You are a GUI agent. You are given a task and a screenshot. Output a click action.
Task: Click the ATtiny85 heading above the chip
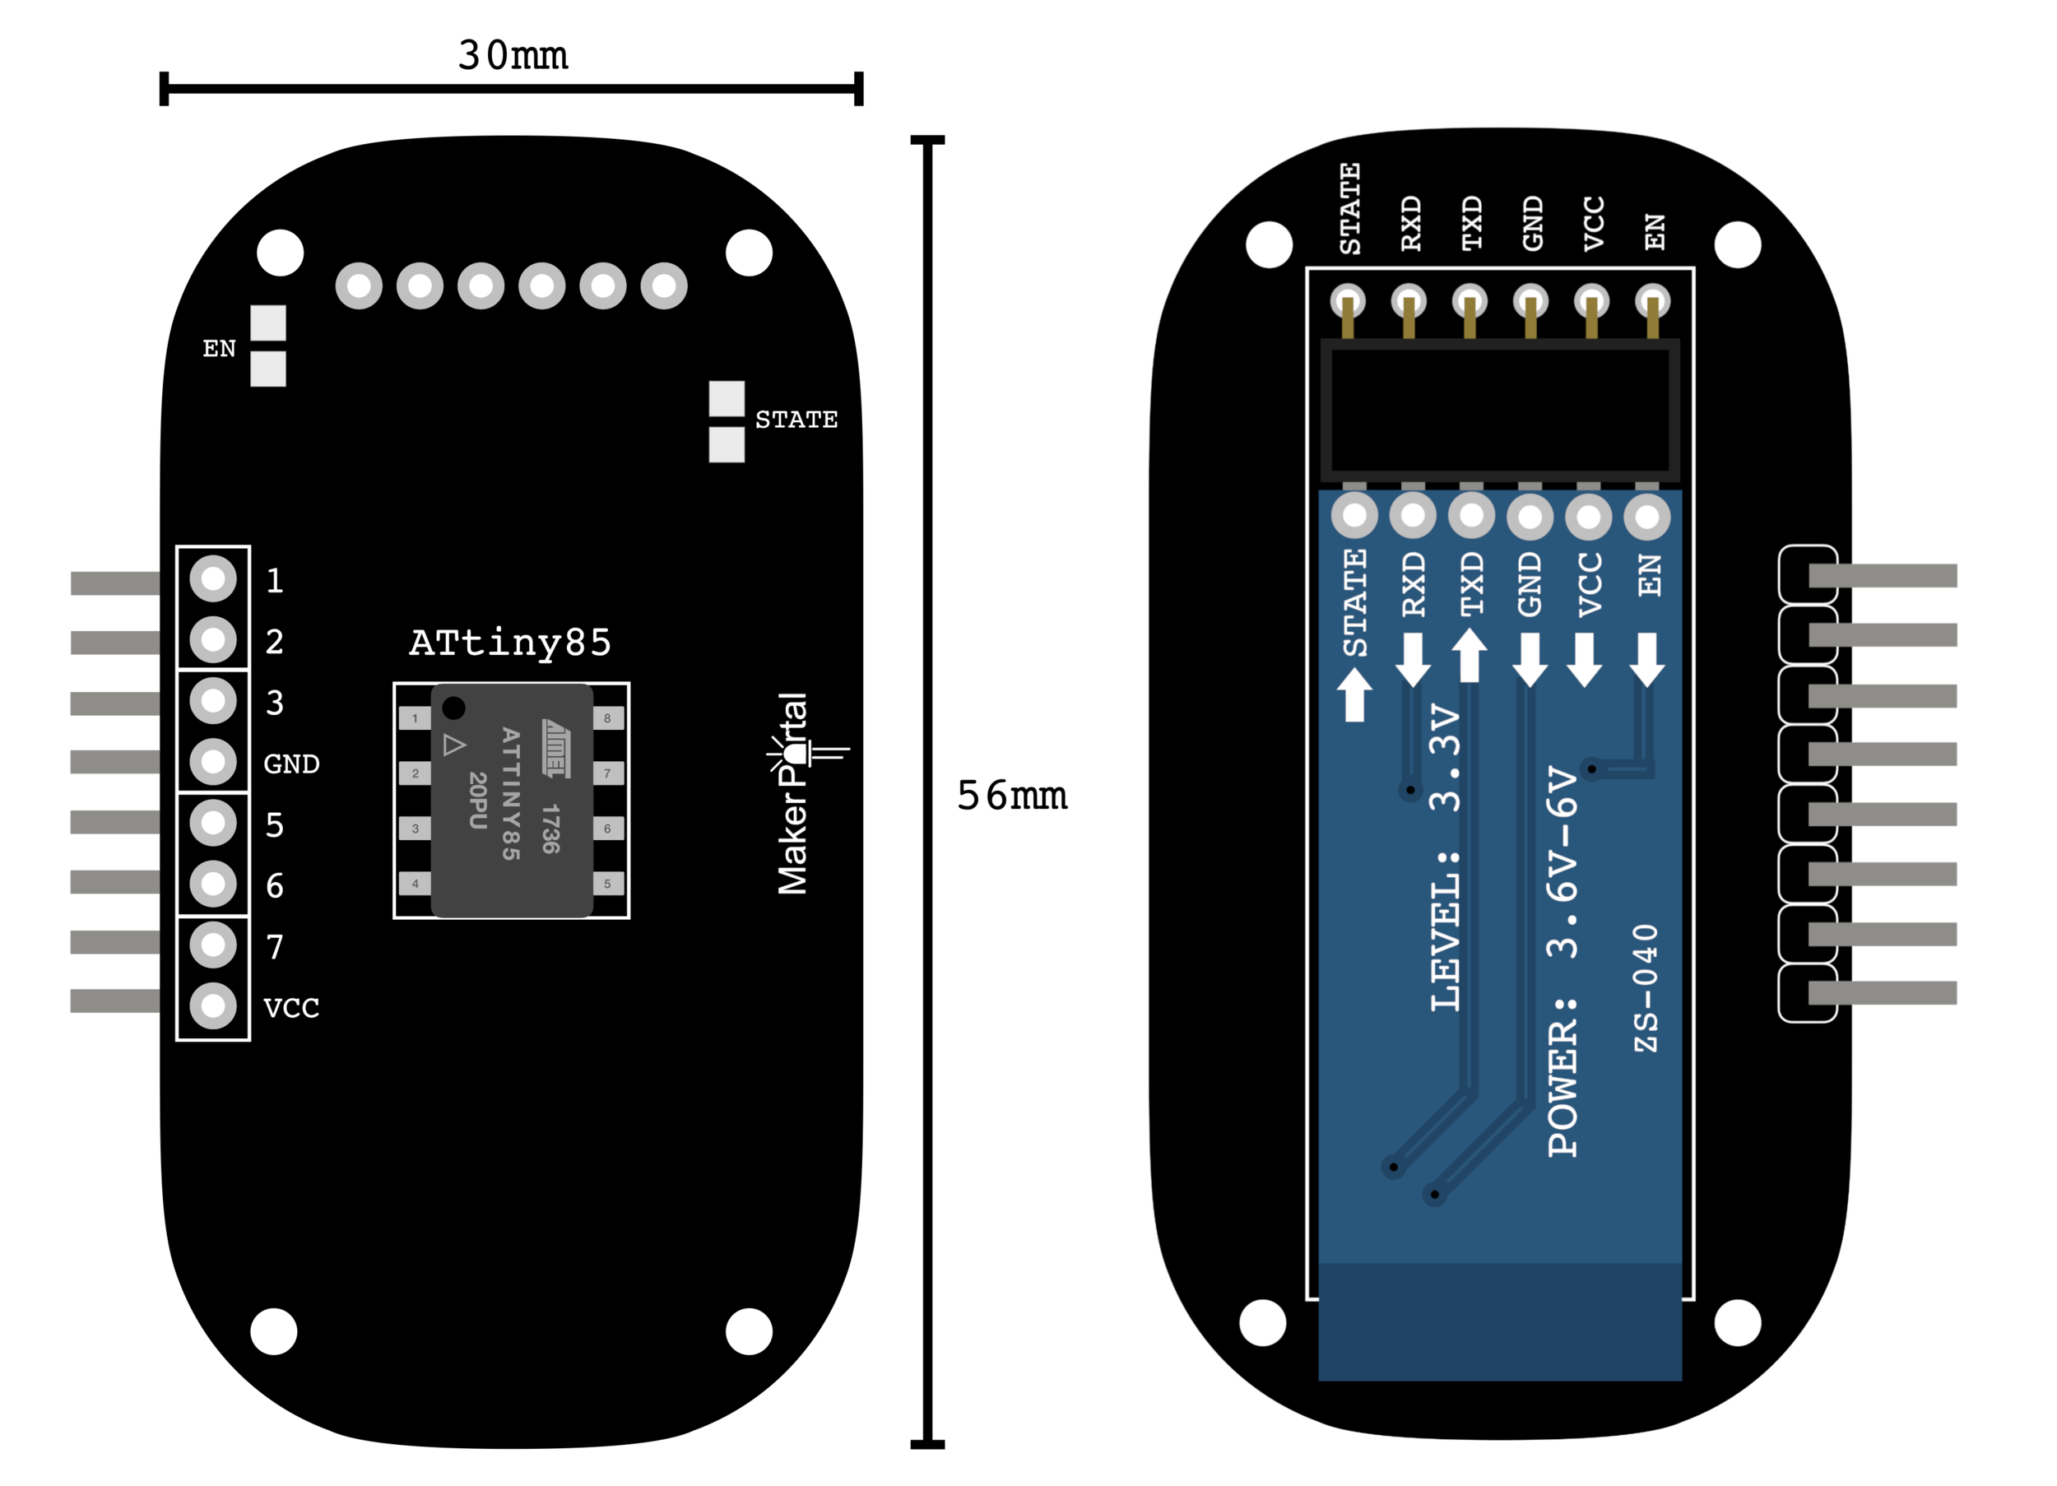pyautogui.click(x=509, y=643)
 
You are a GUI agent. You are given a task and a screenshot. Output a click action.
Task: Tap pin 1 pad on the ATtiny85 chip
pyautogui.click(x=416, y=718)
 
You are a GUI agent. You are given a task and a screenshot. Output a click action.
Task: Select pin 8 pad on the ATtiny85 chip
pyautogui.click(x=608, y=718)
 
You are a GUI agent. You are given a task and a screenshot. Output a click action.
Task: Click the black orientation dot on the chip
pyautogui.click(x=453, y=708)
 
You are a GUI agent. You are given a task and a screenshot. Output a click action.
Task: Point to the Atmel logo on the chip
pyautogui.click(x=556, y=749)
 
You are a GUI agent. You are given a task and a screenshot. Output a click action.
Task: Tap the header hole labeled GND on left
pyautogui.click(x=213, y=762)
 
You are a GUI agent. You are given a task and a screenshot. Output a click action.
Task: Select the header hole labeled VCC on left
pyautogui.click(x=213, y=1005)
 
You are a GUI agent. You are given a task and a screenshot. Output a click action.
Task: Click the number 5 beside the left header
pyautogui.click(x=275, y=824)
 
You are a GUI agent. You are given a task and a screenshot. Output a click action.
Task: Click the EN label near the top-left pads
pyautogui.click(x=219, y=348)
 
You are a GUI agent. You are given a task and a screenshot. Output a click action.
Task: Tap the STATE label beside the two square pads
pyautogui.click(x=796, y=420)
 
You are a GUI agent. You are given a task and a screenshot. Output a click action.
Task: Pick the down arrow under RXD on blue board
pyautogui.click(x=1413, y=660)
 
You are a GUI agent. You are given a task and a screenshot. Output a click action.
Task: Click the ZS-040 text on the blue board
pyautogui.click(x=1646, y=989)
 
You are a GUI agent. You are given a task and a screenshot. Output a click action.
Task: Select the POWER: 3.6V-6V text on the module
pyautogui.click(x=1562, y=962)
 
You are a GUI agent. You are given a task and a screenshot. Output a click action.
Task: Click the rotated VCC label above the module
pyautogui.click(x=1594, y=223)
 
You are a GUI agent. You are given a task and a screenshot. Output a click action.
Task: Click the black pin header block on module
pyautogui.click(x=1500, y=410)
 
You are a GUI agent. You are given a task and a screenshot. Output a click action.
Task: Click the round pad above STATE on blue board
pyautogui.click(x=1354, y=515)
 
